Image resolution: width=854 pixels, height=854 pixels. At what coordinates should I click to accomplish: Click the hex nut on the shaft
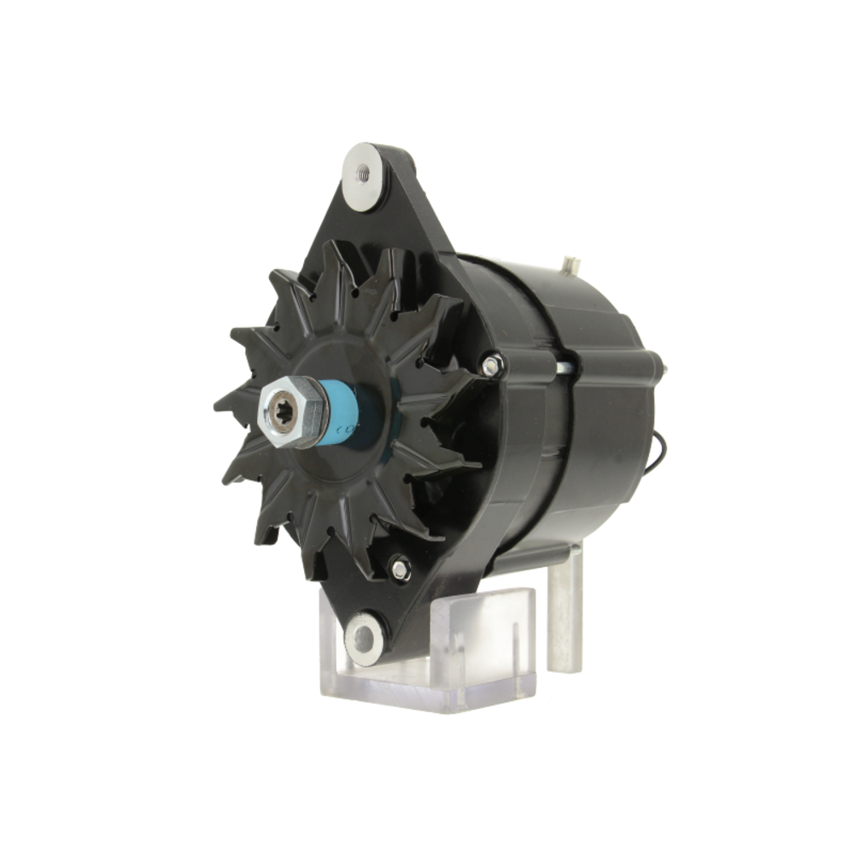point(295,411)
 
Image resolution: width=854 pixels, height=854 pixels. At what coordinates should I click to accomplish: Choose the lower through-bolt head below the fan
point(399,566)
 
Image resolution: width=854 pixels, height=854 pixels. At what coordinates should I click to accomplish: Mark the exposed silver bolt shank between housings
point(564,368)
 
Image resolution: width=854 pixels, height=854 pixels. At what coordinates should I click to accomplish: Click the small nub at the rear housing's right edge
point(663,369)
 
